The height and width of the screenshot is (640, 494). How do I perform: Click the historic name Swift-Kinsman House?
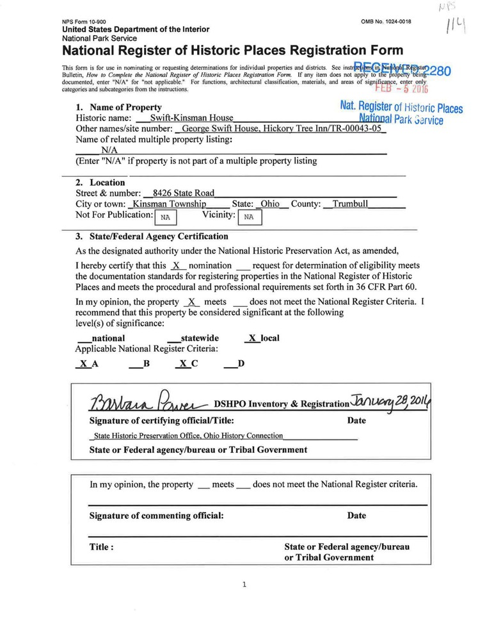(191, 118)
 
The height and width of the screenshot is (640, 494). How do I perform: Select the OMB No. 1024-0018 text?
(386, 22)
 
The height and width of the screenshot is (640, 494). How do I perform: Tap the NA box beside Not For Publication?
(165, 217)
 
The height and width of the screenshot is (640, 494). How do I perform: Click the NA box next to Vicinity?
(250, 217)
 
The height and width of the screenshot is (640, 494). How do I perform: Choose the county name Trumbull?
(350, 204)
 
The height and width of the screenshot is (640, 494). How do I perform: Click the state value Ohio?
(270, 204)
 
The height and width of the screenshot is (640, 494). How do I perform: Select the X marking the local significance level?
(252, 338)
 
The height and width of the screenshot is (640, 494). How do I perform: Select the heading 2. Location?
(100, 182)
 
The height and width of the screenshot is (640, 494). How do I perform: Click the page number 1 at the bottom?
(246, 584)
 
